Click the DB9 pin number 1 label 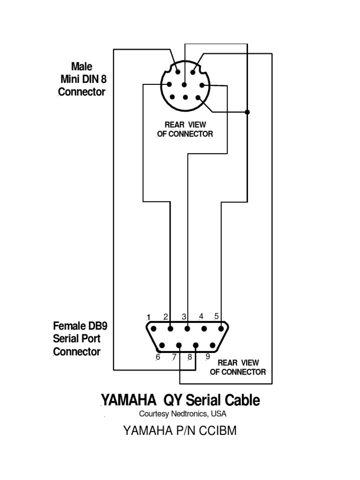pos(149,316)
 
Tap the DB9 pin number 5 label pos(216,316)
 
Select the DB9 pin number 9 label pos(208,356)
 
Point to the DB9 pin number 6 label pos(158,357)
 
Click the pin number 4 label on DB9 pos(201,316)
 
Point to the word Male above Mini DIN pos(82,66)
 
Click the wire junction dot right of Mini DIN pos(247,112)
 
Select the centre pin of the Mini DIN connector pos(184,85)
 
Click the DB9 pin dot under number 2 pos(170,329)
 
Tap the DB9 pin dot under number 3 pos(187,329)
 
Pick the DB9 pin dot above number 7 pos(179,346)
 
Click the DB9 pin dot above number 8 pos(196,346)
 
